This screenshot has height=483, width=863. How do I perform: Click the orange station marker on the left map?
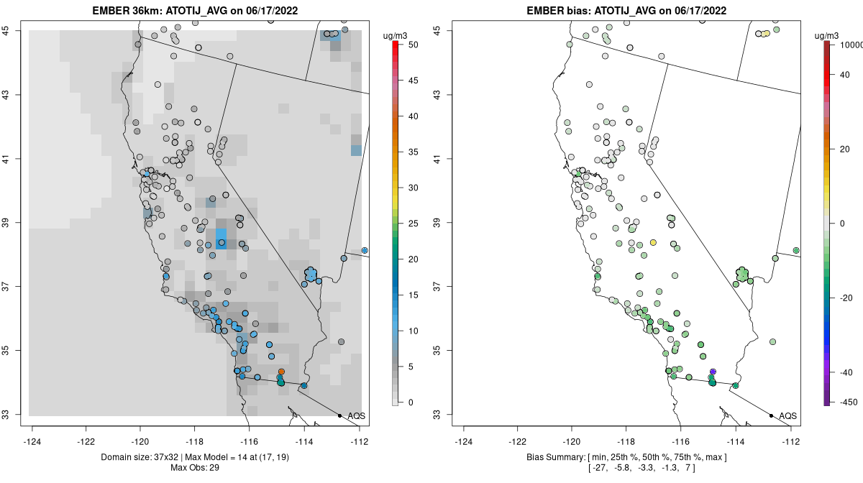281,372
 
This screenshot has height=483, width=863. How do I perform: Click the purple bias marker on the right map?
713,372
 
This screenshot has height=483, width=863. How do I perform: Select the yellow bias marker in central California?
653,243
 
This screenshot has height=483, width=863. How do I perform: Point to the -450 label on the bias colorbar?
849,402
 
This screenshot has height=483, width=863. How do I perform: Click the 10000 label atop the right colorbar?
851,45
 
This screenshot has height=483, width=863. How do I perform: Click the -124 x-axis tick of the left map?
32,441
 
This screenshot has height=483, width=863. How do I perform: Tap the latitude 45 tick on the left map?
6,30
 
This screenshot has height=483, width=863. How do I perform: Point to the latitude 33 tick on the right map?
438,415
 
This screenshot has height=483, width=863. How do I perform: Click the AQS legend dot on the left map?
339,416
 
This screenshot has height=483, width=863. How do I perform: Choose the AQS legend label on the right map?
788,416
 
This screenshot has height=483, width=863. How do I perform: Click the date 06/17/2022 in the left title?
271,11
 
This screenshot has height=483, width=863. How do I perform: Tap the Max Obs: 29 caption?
195,468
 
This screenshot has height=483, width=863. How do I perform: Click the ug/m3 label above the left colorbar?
395,36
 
